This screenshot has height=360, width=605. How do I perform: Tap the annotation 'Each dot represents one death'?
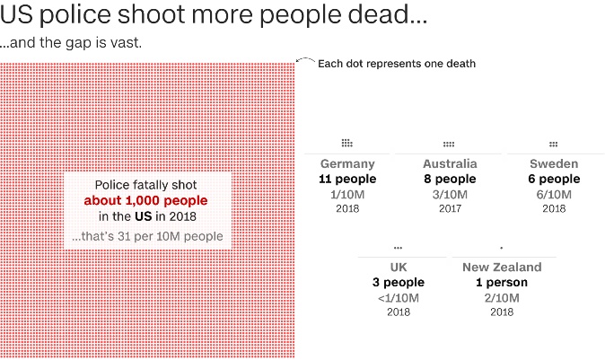[x=397, y=64]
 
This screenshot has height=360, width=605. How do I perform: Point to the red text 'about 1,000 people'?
[x=145, y=200]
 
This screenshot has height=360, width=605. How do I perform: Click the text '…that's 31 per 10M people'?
[x=148, y=236]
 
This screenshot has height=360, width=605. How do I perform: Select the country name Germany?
[x=347, y=164]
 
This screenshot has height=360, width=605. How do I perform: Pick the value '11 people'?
[x=347, y=179]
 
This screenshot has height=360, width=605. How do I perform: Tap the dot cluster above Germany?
[x=347, y=143]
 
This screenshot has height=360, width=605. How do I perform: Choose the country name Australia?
[x=450, y=164]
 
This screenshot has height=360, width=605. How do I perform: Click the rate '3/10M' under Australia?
[x=450, y=194]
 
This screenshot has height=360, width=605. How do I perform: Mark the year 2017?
[x=450, y=208]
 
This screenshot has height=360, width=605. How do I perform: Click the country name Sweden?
[x=554, y=164]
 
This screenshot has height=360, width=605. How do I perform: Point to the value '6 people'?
[x=554, y=179]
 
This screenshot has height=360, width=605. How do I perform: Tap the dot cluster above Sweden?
[x=554, y=143]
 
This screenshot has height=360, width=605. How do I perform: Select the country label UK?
[x=399, y=268]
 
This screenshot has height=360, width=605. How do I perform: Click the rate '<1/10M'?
[x=399, y=297]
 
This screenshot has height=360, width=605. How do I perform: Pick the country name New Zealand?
[x=502, y=268]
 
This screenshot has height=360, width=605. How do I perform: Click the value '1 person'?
[x=502, y=282]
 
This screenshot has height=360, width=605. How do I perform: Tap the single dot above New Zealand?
[x=502, y=247]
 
